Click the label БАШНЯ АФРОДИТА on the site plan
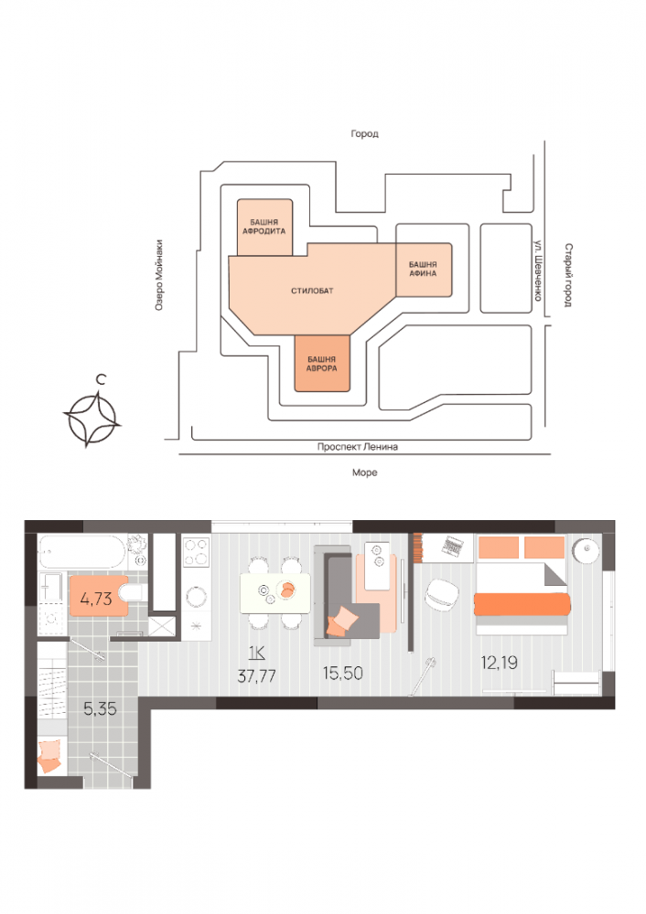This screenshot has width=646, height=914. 264,227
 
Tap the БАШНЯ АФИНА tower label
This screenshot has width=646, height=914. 423,268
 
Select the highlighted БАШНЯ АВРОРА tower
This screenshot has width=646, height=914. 322,364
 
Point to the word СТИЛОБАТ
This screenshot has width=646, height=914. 312,291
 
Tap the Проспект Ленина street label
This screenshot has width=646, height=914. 358,447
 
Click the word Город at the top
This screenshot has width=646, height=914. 364,133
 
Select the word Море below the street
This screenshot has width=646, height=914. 364,473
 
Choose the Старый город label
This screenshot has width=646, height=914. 568,275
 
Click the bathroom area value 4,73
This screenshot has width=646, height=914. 95,599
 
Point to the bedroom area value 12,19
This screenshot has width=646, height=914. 499,662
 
